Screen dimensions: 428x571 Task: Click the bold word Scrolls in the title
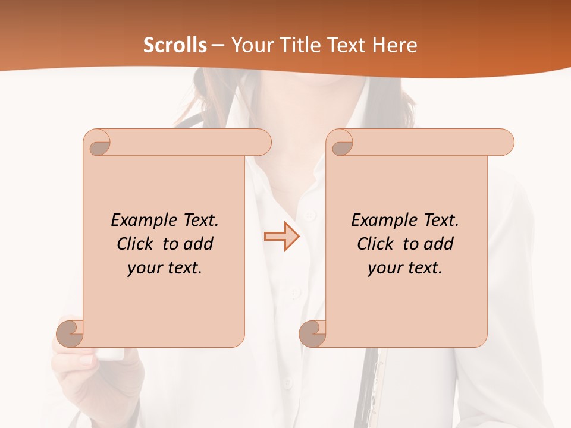(x=175, y=45)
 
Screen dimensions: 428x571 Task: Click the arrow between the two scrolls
(x=281, y=236)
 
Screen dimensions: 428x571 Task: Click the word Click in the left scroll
(x=135, y=244)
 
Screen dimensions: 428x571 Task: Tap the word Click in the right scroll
(x=375, y=244)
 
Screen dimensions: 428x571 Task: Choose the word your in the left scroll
(x=143, y=268)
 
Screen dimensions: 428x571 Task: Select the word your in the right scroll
(x=384, y=268)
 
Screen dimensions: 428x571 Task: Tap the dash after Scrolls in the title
(x=218, y=46)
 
